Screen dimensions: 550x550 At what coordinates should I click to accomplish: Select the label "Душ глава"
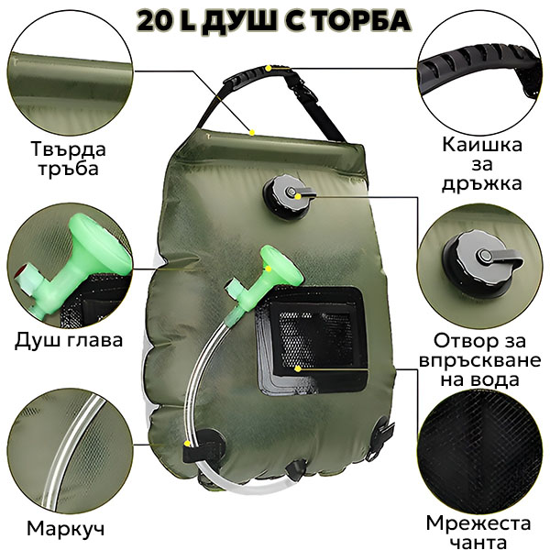coord(69,339)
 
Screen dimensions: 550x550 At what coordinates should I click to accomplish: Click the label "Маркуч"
coord(66,528)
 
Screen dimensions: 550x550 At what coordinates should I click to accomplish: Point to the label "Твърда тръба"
coord(68,159)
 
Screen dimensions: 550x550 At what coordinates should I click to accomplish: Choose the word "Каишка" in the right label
coord(482,145)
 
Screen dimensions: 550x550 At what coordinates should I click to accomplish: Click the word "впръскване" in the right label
coord(479,360)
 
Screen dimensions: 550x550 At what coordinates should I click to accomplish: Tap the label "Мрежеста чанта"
coord(478,533)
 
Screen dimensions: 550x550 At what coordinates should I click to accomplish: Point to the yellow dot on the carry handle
coord(269,68)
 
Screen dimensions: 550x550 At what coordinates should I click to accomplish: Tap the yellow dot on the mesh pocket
coord(298,368)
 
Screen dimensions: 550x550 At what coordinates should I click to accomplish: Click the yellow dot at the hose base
coord(187,444)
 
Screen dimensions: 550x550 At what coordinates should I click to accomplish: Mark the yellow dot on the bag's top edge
coord(251,132)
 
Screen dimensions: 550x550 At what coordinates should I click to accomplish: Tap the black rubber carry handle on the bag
coord(258,74)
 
